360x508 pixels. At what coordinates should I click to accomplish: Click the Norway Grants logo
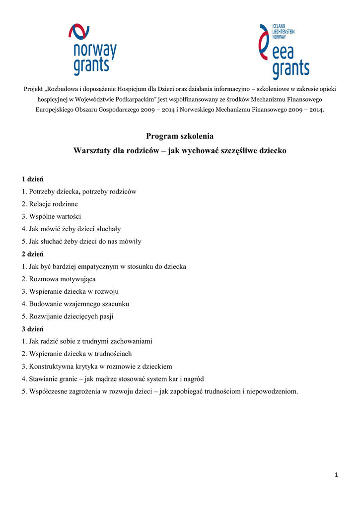click(x=92, y=51)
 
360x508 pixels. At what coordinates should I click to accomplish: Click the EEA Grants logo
click(x=284, y=52)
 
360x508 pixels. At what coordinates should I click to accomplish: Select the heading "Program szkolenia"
click(x=180, y=136)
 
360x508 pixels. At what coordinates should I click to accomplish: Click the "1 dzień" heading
click(x=32, y=179)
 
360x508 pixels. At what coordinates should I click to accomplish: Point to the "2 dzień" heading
click(x=32, y=254)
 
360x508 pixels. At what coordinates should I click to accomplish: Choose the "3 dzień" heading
click(x=32, y=329)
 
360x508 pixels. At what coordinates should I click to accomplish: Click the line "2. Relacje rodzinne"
click(x=50, y=204)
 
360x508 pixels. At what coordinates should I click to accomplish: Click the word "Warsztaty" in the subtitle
click(x=92, y=150)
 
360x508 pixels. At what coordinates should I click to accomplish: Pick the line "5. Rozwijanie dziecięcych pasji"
click(x=68, y=316)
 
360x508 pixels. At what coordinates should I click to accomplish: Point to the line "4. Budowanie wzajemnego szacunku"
click(x=75, y=304)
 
